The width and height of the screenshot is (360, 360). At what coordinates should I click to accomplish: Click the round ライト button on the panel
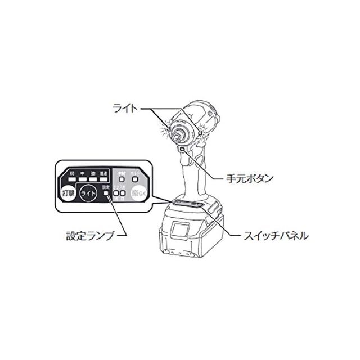coord(89,193)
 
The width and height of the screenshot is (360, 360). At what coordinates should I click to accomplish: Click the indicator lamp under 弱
coord(66,181)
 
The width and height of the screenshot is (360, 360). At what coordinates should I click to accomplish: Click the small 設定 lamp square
coord(105,193)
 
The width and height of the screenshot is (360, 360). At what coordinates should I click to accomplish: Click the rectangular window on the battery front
coord(181,231)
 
